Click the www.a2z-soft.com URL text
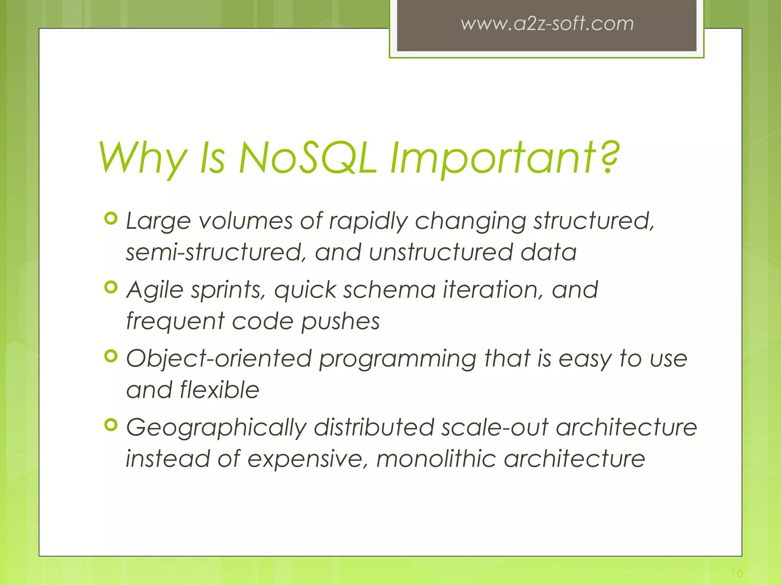(547, 24)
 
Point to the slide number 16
(737, 572)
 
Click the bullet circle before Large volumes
(111, 219)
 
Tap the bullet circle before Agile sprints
(111, 288)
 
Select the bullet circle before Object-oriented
(111, 356)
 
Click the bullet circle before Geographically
(111, 425)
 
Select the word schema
(389, 289)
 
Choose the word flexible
(219, 390)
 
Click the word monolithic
(436, 459)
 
